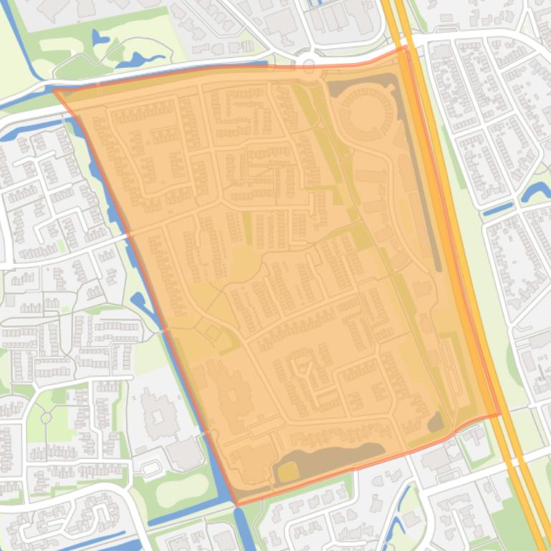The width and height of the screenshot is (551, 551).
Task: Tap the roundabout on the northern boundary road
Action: tap(309, 65)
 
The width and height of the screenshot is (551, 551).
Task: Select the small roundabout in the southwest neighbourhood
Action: tap(47, 416)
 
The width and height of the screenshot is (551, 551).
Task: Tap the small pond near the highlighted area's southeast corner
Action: tap(436, 422)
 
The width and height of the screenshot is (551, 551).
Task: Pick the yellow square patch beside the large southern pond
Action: tap(287, 472)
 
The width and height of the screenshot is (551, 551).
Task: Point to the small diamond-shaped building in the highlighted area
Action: tap(213, 332)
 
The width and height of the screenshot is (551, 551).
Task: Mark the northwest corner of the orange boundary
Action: tap(54, 89)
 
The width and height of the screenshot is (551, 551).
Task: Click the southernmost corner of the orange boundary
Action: tap(237, 504)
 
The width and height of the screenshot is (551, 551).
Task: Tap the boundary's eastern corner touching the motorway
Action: tap(499, 414)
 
